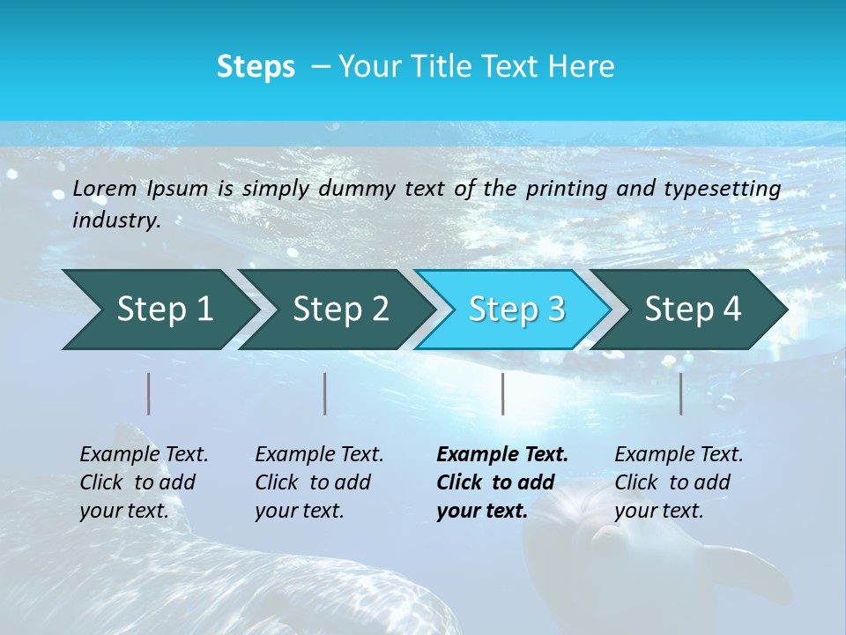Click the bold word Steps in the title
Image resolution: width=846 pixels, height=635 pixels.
(256, 67)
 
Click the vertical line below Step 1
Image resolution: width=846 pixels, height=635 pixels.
(149, 393)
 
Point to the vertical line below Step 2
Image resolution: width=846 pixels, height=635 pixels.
(325, 393)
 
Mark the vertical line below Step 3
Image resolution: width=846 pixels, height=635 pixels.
(503, 393)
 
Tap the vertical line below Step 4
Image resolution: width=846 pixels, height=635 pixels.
(681, 393)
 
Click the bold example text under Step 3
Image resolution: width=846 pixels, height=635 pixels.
(502, 482)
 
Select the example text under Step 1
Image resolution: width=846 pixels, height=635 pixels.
(144, 482)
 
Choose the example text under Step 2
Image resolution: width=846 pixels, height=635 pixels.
(319, 482)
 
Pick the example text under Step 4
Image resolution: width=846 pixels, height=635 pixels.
(679, 482)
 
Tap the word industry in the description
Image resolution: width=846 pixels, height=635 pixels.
(116, 220)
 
